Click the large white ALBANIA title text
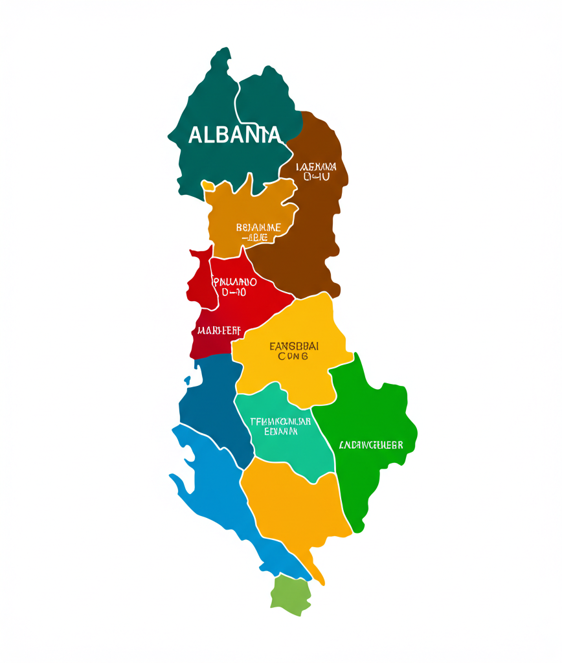235,135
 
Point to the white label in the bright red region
234,287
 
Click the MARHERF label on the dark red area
219,330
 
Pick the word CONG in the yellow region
293,356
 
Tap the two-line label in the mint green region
280,425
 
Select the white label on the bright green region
371,445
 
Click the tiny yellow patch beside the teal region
208,186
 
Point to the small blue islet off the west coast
187,380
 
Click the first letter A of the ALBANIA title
195,135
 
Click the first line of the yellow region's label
293,345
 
